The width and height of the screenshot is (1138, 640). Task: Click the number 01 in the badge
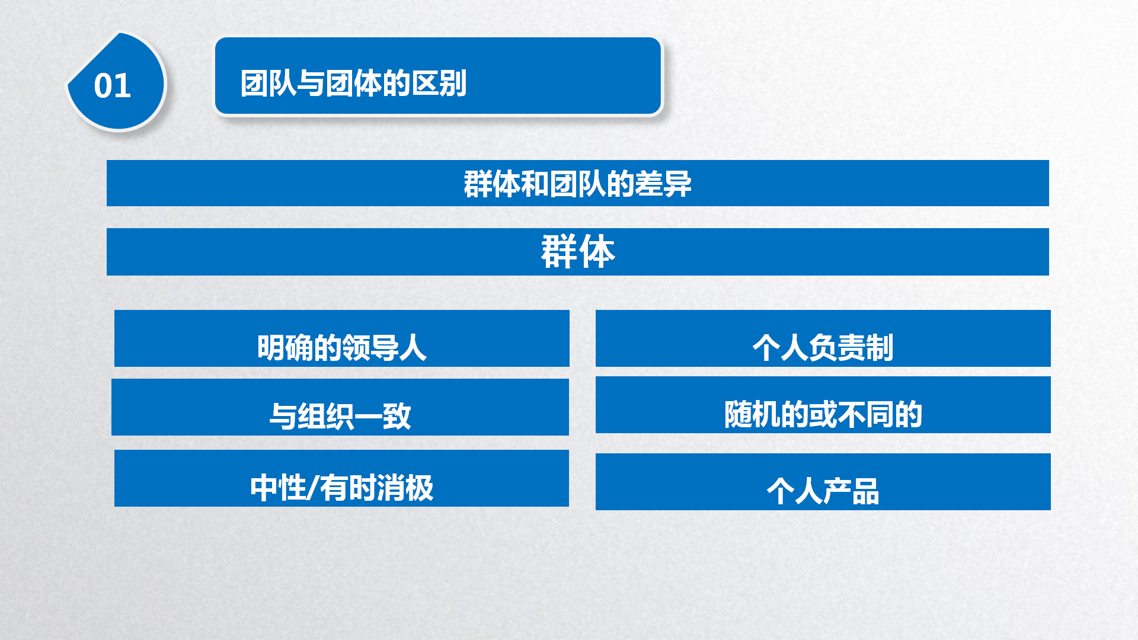tap(112, 86)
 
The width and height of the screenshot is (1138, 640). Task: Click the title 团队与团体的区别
tap(354, 83)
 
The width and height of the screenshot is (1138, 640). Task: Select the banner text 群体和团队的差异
tap(578, 184)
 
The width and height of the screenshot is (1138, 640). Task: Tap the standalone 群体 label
tap(578, 252)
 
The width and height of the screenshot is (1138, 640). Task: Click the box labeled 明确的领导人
tap(342, 338)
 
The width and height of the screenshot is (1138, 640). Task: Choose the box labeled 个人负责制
tap(823, 338)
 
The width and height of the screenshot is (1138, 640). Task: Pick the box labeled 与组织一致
tap(340, 407)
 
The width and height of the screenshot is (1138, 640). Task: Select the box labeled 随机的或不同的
tap(823, 405)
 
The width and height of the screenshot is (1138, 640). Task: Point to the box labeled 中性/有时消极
tap(341, 478)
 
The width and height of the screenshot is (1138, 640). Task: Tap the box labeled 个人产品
tap(823, 482)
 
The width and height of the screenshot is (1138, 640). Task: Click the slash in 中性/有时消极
tap(313, 488)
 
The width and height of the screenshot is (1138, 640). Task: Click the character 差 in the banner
tap(649, 184)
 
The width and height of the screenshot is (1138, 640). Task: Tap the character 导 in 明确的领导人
tap(385, 348)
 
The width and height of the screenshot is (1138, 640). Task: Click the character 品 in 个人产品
tap(865, 491)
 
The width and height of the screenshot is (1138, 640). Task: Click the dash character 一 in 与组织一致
tap(368, 417)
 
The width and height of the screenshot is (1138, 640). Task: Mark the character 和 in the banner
tap(535, 184)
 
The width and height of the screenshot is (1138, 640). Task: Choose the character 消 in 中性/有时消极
tap(391, 488)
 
